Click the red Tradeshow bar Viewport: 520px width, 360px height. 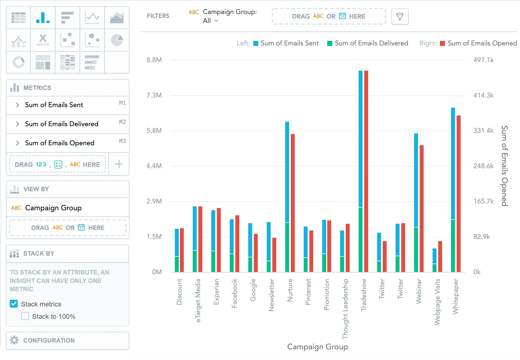(x=366, y=171)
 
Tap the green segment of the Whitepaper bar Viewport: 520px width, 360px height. (x=453, y=246)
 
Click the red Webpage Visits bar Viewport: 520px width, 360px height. (x=440, y=256)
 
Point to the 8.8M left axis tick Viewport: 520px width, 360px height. (x=154, y=60)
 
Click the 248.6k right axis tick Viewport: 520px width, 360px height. (x=483, y=166)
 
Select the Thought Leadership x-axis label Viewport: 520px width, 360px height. (x=345, y=308)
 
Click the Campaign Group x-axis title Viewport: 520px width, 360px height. (x=317, y=347)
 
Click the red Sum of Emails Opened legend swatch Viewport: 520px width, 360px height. (x=442, y=43)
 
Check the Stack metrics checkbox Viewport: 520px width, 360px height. (x=14, y=304)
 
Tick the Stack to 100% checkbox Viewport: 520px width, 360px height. (x=25, y=316)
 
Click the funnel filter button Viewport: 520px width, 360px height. (x=400, y=17)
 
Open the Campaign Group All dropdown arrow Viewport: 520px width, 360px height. (x=216, y=21)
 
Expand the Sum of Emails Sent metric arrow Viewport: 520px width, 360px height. (x=17, y=105)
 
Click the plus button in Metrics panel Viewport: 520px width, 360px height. (x=119, y=164)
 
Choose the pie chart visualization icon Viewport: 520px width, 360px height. (x=117, y=40)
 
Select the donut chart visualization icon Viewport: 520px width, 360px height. (x=18, y=62)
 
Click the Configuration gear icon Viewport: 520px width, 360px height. (x=14, y=340)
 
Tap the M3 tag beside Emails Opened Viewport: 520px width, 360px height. (x=122, y=141)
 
